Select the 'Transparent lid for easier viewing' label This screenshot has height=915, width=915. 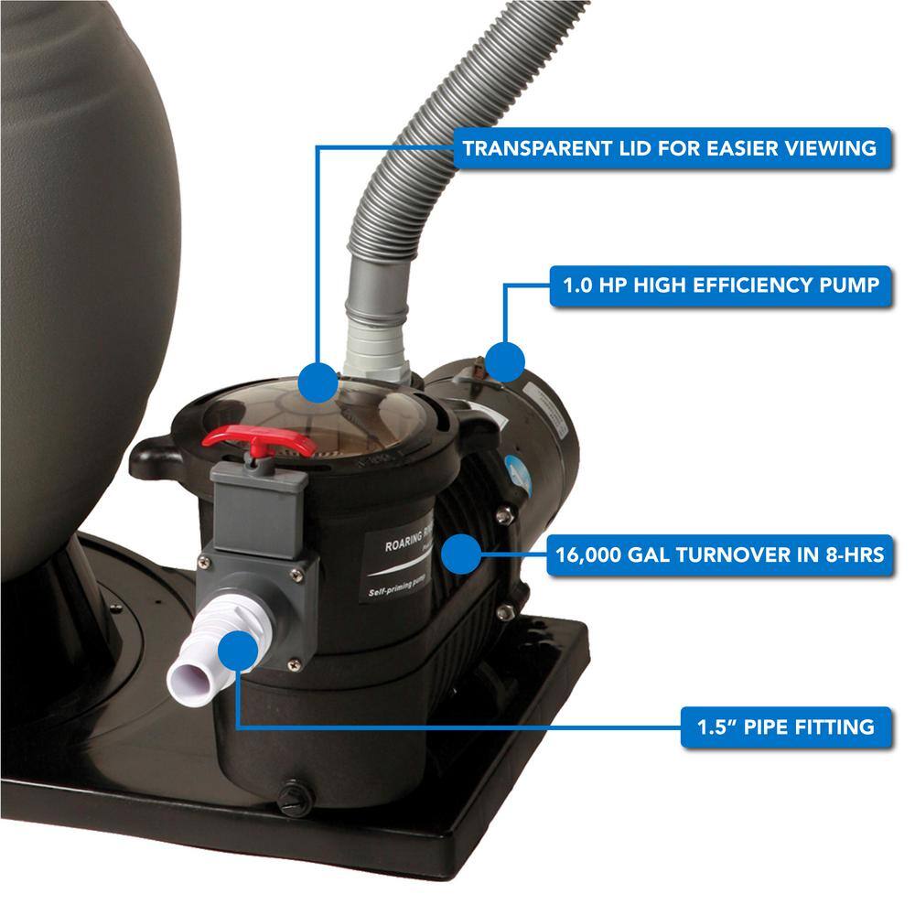click(670, 147)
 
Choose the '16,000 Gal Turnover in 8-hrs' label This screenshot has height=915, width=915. click(718, 553)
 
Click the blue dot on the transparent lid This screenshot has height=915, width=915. click(318, 380)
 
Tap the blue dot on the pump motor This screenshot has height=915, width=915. click(506, 361)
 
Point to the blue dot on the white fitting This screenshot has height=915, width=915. click(240, 649)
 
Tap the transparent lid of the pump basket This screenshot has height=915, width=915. click(366, 412)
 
